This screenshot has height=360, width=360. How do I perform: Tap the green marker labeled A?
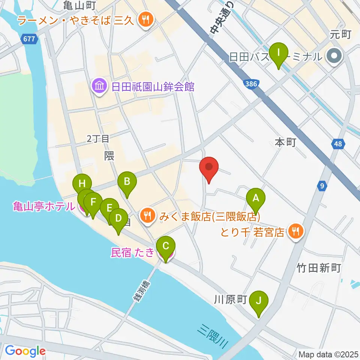point(256,198)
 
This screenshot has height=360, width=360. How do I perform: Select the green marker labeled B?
point(127,183)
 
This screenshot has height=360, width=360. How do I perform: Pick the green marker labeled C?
point(165,247)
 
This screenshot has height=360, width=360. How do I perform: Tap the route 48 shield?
point(337,144)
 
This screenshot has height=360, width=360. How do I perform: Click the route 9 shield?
point(321,185)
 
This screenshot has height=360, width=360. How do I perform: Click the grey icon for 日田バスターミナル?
point(332,57)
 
